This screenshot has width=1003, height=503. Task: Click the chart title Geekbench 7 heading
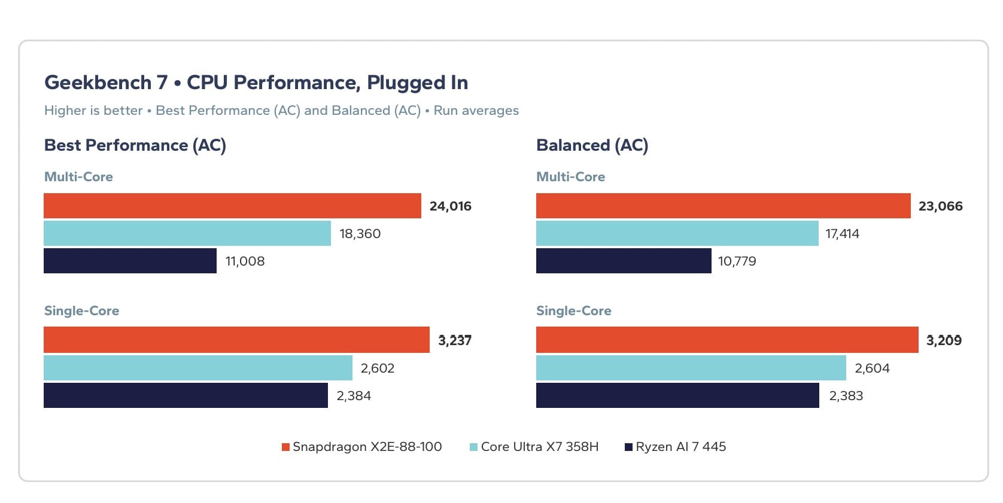pos(256,83)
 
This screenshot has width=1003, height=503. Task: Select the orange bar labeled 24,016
pos(232,206)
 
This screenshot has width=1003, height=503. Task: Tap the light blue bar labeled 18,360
pos(187,233)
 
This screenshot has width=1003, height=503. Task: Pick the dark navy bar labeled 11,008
pos(130,261)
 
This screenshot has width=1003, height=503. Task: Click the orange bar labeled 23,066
pos(723,206)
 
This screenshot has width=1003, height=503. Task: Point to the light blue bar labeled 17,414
pos(677,233)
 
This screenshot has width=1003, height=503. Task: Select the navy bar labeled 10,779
pos(624,261)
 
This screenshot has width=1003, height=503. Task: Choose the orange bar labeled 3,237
pos(236,340)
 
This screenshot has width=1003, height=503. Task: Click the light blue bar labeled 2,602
pos(198,368)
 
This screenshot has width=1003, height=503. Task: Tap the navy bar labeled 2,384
pos(186,395)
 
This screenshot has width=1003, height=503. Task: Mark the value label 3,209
pos(944,340)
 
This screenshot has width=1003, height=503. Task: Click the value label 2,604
pos(873,368)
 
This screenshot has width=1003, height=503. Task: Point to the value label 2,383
pos(846,395)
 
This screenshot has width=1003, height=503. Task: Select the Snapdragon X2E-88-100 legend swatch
pos(285,447)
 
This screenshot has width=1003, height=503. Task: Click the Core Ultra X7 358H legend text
pos(540,447)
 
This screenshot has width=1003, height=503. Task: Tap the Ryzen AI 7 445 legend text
pos(680,447)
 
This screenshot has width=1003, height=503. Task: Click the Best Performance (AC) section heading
pos(135,145)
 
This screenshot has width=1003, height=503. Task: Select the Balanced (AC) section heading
pos(592,145)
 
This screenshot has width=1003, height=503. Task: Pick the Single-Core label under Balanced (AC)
pos(573,310)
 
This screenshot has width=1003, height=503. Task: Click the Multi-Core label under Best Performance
pos(78,177)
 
